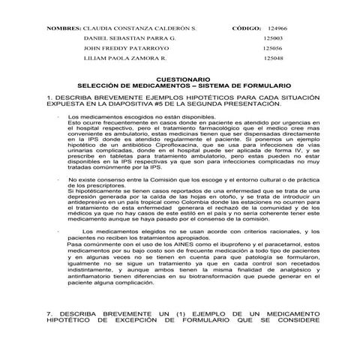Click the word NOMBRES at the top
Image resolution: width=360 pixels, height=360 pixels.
coord(64,27)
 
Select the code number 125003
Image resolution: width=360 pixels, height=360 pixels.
coord(273,37)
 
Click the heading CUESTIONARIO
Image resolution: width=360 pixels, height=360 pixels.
coord(178,79)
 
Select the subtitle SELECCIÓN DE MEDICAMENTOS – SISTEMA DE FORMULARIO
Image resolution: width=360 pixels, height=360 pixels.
coord(178,85)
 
